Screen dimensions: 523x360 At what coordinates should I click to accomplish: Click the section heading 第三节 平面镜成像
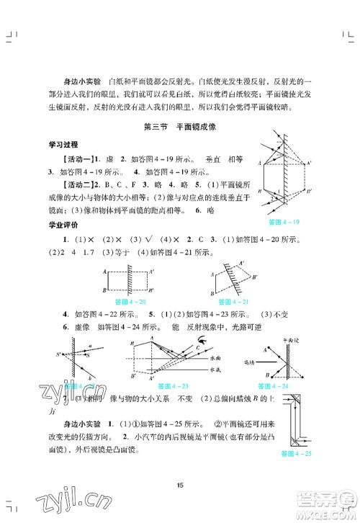[180, 129]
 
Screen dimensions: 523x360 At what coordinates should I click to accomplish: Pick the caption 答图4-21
[229, 300]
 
